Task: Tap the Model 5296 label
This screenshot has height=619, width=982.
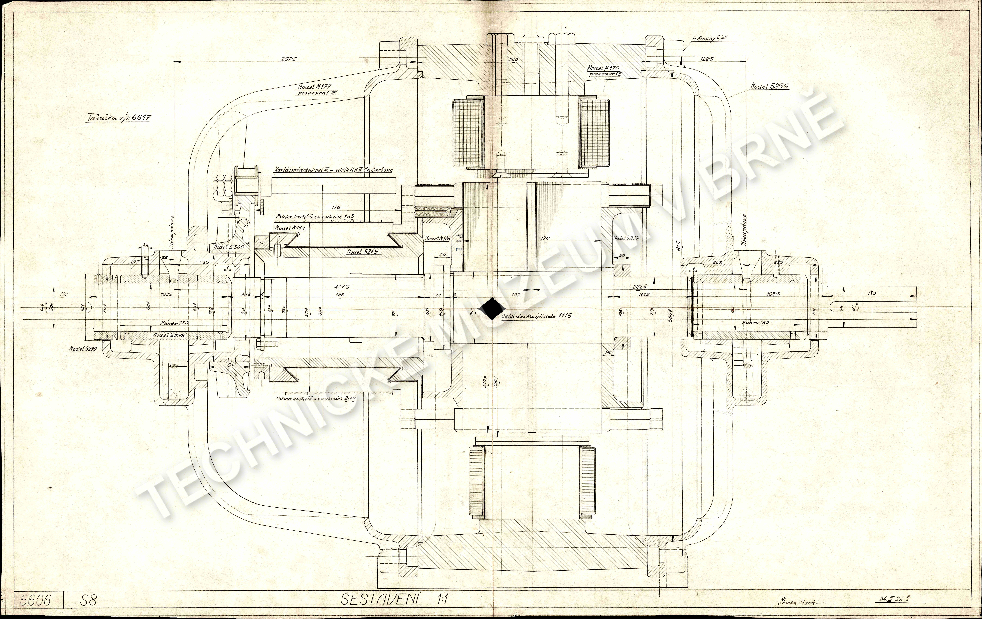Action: tap(770, 86)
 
